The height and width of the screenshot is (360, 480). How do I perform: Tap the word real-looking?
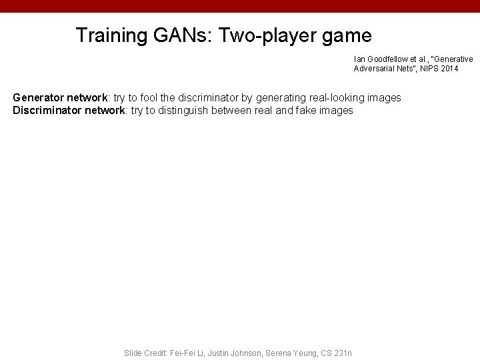(x=333, y=98)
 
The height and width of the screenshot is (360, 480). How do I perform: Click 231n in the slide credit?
(x=343, y=353)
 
